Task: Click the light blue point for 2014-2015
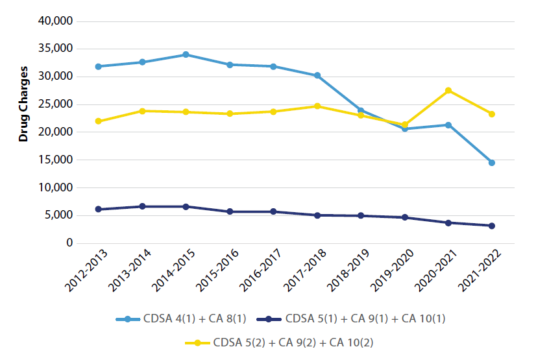[186, 54]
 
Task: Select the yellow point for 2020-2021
[448, 90]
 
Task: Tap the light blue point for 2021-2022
[492, 163]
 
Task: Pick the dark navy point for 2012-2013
[98, 210]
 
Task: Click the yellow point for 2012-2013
[98, 121]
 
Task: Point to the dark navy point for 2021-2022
[492, 226]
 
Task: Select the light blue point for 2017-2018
[317, 75]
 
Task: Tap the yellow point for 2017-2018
[317, 106]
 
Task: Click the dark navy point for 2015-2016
[230, 211]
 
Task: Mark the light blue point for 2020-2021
[448, 125]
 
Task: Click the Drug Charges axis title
[23, 104]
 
